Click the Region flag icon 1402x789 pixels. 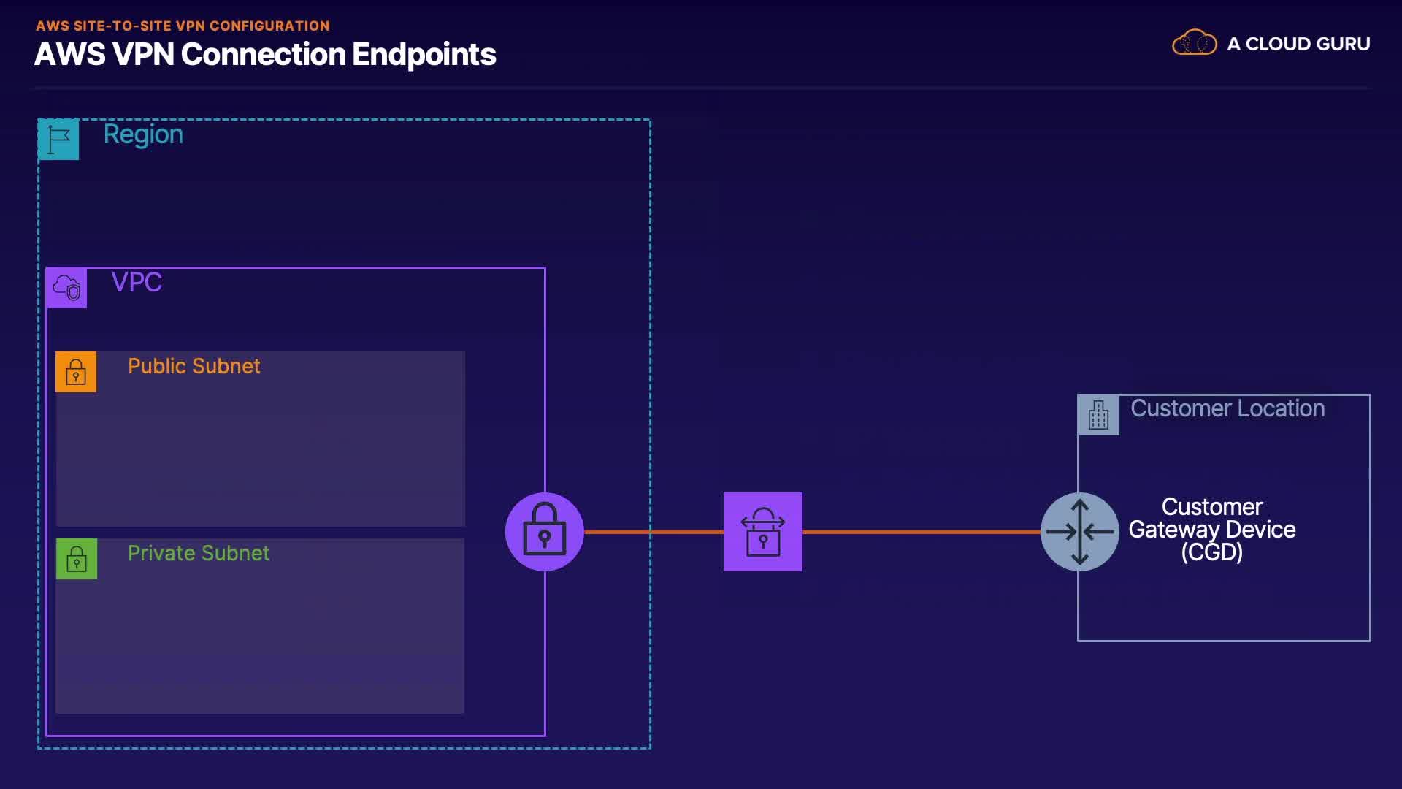58,139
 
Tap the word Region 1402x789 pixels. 143,135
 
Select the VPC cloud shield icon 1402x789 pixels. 66,288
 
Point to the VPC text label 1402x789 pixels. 137,282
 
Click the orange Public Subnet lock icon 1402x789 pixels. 76,372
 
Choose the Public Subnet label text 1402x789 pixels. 194,366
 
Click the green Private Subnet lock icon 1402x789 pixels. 77,559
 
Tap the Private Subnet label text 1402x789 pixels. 199,553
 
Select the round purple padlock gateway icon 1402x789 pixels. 545,532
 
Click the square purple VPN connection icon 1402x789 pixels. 763,532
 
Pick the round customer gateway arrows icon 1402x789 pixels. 1080,532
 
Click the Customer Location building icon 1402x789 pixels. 1099,415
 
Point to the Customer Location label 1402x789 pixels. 1227,408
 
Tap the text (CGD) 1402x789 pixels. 1212,552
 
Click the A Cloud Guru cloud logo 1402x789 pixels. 1195,42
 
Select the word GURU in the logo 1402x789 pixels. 1338,44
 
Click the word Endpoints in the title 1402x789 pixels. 424,55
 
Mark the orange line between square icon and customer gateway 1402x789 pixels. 922,532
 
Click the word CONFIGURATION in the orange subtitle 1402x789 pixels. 269,26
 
